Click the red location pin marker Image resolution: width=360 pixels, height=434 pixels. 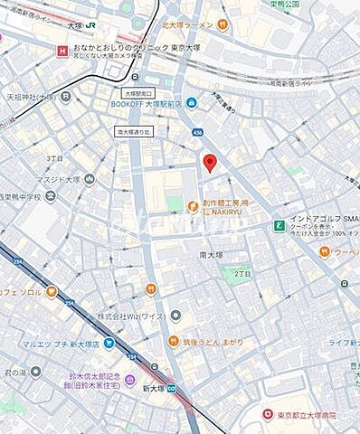210,162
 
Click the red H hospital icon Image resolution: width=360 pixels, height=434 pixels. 62,51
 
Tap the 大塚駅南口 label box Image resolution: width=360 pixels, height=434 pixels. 140,93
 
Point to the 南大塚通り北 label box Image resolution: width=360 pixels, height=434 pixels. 137,131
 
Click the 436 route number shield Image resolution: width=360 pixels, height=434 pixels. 197,132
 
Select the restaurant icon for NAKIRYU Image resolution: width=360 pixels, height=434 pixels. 192,207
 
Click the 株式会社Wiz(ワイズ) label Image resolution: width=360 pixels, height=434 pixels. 132,316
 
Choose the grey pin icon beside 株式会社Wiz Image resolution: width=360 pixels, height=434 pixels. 175,316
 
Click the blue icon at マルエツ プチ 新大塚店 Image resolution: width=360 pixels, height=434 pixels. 108,343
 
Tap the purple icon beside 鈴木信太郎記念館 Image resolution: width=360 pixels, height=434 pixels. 130,380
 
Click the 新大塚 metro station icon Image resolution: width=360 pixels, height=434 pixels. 172,388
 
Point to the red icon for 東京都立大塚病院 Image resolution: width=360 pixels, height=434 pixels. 267,414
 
